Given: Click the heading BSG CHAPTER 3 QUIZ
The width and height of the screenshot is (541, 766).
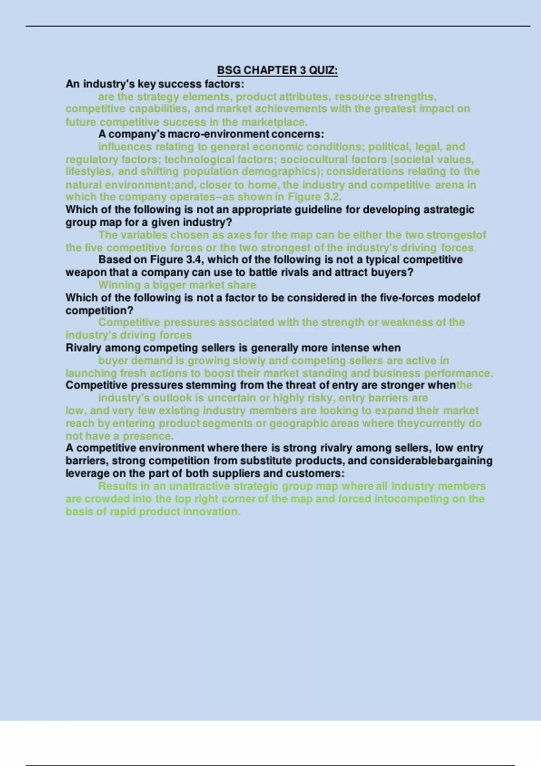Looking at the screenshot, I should [x=277, y=70].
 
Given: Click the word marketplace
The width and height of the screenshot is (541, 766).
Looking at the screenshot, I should [x=274, y=122].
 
